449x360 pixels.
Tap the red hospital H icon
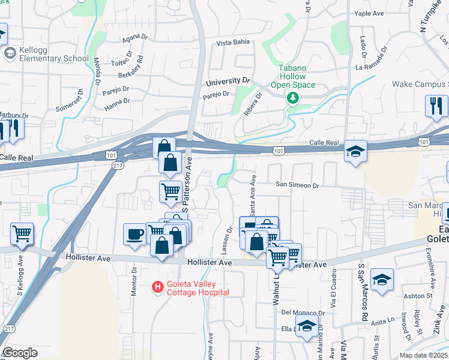(x=158, y=288)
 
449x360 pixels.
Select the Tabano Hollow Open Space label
(x=293, y=77)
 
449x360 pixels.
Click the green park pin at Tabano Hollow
(x=293, y=97)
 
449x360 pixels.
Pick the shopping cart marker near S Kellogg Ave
(x=22, y=233)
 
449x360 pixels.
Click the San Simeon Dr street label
(x=297, y=185)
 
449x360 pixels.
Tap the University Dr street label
(x=228, y=80)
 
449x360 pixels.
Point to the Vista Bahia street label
(x=232, y=43)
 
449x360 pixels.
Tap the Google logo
(x=20, y=353)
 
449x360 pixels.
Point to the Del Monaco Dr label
(x=303, y=313)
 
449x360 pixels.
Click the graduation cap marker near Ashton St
(x=382, y=280)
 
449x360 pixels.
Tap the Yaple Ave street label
(x=369, y=13)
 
